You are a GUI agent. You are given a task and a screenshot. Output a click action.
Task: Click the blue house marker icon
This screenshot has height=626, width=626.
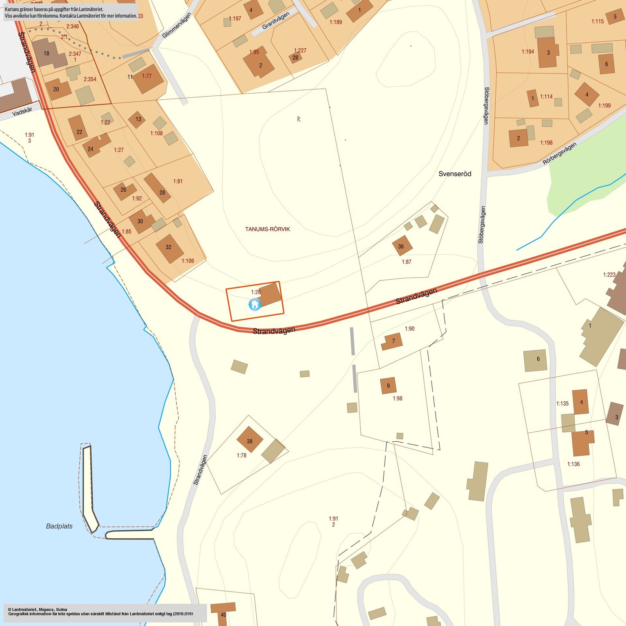(255, 304)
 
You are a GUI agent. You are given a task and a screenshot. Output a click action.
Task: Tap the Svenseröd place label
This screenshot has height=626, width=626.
(455, 174)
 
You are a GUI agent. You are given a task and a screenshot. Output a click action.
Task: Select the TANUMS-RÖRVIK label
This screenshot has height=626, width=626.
(268, 229)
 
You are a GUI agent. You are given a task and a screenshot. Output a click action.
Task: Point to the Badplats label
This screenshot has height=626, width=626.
(59, 526)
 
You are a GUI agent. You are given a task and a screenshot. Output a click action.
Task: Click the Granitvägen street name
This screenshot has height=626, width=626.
(275, 21)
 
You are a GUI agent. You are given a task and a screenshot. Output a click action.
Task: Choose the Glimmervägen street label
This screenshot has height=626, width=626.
(176, 25)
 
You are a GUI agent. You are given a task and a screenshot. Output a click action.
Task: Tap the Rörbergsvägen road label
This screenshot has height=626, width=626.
(559, 153)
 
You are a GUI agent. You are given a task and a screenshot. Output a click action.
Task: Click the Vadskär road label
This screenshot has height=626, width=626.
(22, 111)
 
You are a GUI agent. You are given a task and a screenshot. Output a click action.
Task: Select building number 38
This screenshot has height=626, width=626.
(250, 441)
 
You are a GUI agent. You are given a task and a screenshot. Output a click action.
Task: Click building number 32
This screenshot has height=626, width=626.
(168, 247)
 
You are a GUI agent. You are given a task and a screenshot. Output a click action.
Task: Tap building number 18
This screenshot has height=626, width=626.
(47, 54)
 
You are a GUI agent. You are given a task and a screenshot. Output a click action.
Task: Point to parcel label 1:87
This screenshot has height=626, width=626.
(407, 262)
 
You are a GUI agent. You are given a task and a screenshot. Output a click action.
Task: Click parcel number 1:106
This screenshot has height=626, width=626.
(188, 261)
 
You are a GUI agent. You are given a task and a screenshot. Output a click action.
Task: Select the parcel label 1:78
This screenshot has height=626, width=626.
(241, 455)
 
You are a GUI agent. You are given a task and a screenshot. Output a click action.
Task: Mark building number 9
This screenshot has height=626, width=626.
(388, 386)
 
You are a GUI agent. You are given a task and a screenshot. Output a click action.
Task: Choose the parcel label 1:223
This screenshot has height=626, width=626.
(609, 275)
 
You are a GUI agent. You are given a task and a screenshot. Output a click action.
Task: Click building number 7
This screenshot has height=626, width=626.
(394, 341)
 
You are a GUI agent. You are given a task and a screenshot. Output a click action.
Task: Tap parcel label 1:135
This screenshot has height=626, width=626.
(562, 403)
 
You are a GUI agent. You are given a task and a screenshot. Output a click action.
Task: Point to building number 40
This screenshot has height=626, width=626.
(223, 615)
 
